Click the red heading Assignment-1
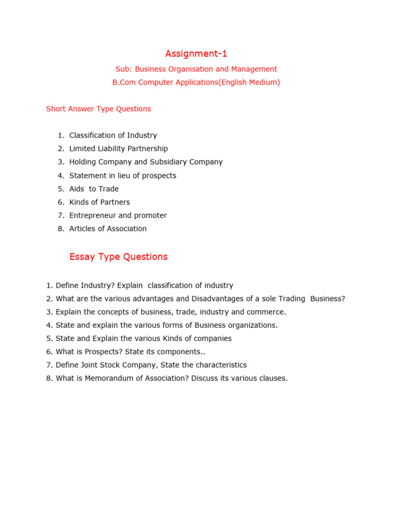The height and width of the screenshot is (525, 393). pyautogui.click(x=196, y=54)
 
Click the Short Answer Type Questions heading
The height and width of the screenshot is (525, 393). pyautogui.click(x=99, y=109)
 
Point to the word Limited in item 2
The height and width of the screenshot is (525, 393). pyautogui.click(x=82, y=149)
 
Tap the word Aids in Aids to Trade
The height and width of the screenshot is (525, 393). pyautogui.click(x=77, y=189)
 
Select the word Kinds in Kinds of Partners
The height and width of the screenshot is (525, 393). pyautogui.click(x=79, y=203)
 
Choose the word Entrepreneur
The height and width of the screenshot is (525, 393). pyautogui.click(x=93, y=216)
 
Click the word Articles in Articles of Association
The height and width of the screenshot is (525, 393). pyautogui.click(x=82, y=229)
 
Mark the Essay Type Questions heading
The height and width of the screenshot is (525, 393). pyautogui.click(x=118, y=257)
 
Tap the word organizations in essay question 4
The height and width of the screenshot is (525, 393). pyautogui.click(x=252, y=326)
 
